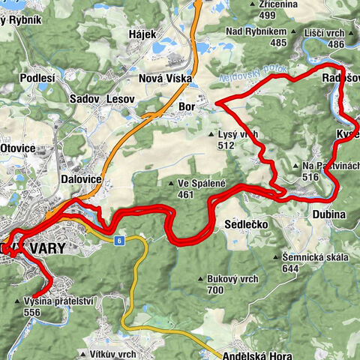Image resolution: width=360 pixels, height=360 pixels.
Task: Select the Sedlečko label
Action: pyautogui.click(x=241, y=223)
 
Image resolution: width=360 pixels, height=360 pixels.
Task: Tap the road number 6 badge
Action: pyautogui.click(x=119, y=240)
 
